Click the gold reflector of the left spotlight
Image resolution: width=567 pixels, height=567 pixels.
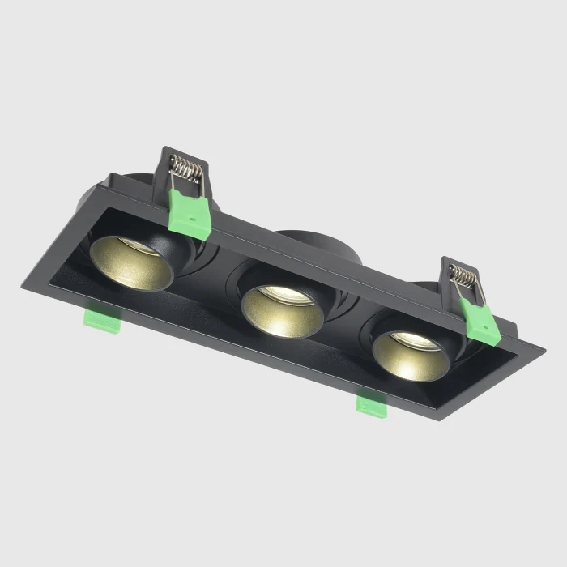point(130,267)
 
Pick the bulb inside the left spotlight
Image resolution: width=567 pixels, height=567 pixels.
point(143,248)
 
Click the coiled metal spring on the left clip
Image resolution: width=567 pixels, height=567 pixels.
point(188,170)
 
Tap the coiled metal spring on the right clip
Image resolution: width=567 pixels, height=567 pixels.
point(464,276)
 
